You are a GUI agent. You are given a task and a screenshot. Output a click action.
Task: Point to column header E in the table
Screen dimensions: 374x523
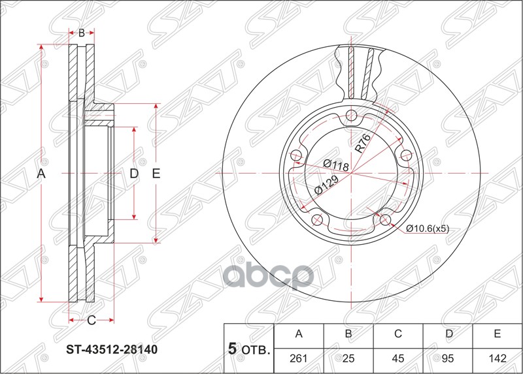(x=497, y=334)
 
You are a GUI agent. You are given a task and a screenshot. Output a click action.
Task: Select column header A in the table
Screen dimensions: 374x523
(x=299, y=334)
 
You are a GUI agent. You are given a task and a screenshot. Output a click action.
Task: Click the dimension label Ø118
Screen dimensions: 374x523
(x=335, y=164)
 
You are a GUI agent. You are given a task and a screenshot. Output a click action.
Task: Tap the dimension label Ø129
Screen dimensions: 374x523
(x=325, y=186)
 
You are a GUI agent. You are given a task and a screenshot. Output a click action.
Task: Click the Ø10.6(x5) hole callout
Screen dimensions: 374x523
(x=428, y=228)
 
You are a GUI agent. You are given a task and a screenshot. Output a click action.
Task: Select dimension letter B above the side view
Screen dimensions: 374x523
(x=82, y=33)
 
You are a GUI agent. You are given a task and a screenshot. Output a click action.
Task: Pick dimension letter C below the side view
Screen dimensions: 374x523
(x=92, y=320)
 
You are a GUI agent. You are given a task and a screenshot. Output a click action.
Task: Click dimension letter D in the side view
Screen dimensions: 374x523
(x=134, y=174)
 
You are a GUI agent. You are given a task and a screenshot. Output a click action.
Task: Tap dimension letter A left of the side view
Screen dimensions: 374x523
(x=41, y=174)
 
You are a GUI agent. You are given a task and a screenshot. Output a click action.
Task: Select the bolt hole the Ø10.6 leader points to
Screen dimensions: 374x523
(x=385, y=219)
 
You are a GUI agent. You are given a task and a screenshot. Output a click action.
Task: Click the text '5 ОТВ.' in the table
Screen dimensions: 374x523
(x=249, y=349)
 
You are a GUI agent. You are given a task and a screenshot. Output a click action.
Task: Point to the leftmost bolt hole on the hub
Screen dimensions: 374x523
(x=295, y=155)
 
